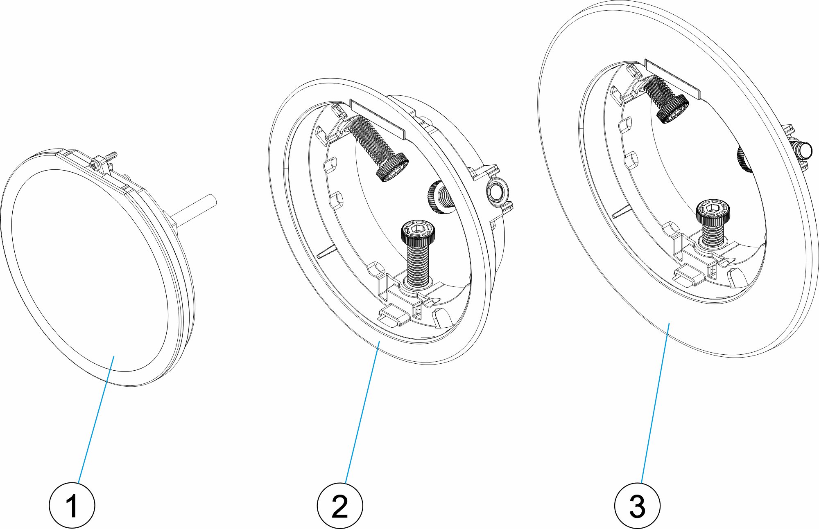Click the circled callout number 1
pyautogui.click(x=72, y=506)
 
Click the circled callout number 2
pyautogui.click(x=340, y=506)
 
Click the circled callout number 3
pyautogui.click(x=637, y=506)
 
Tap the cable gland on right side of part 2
pyautogui.click(x=496, y=191)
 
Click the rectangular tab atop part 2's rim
pyautogui.click(x=377, y=119)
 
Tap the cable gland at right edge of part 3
pyautogui.click(x=803, y=150)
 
